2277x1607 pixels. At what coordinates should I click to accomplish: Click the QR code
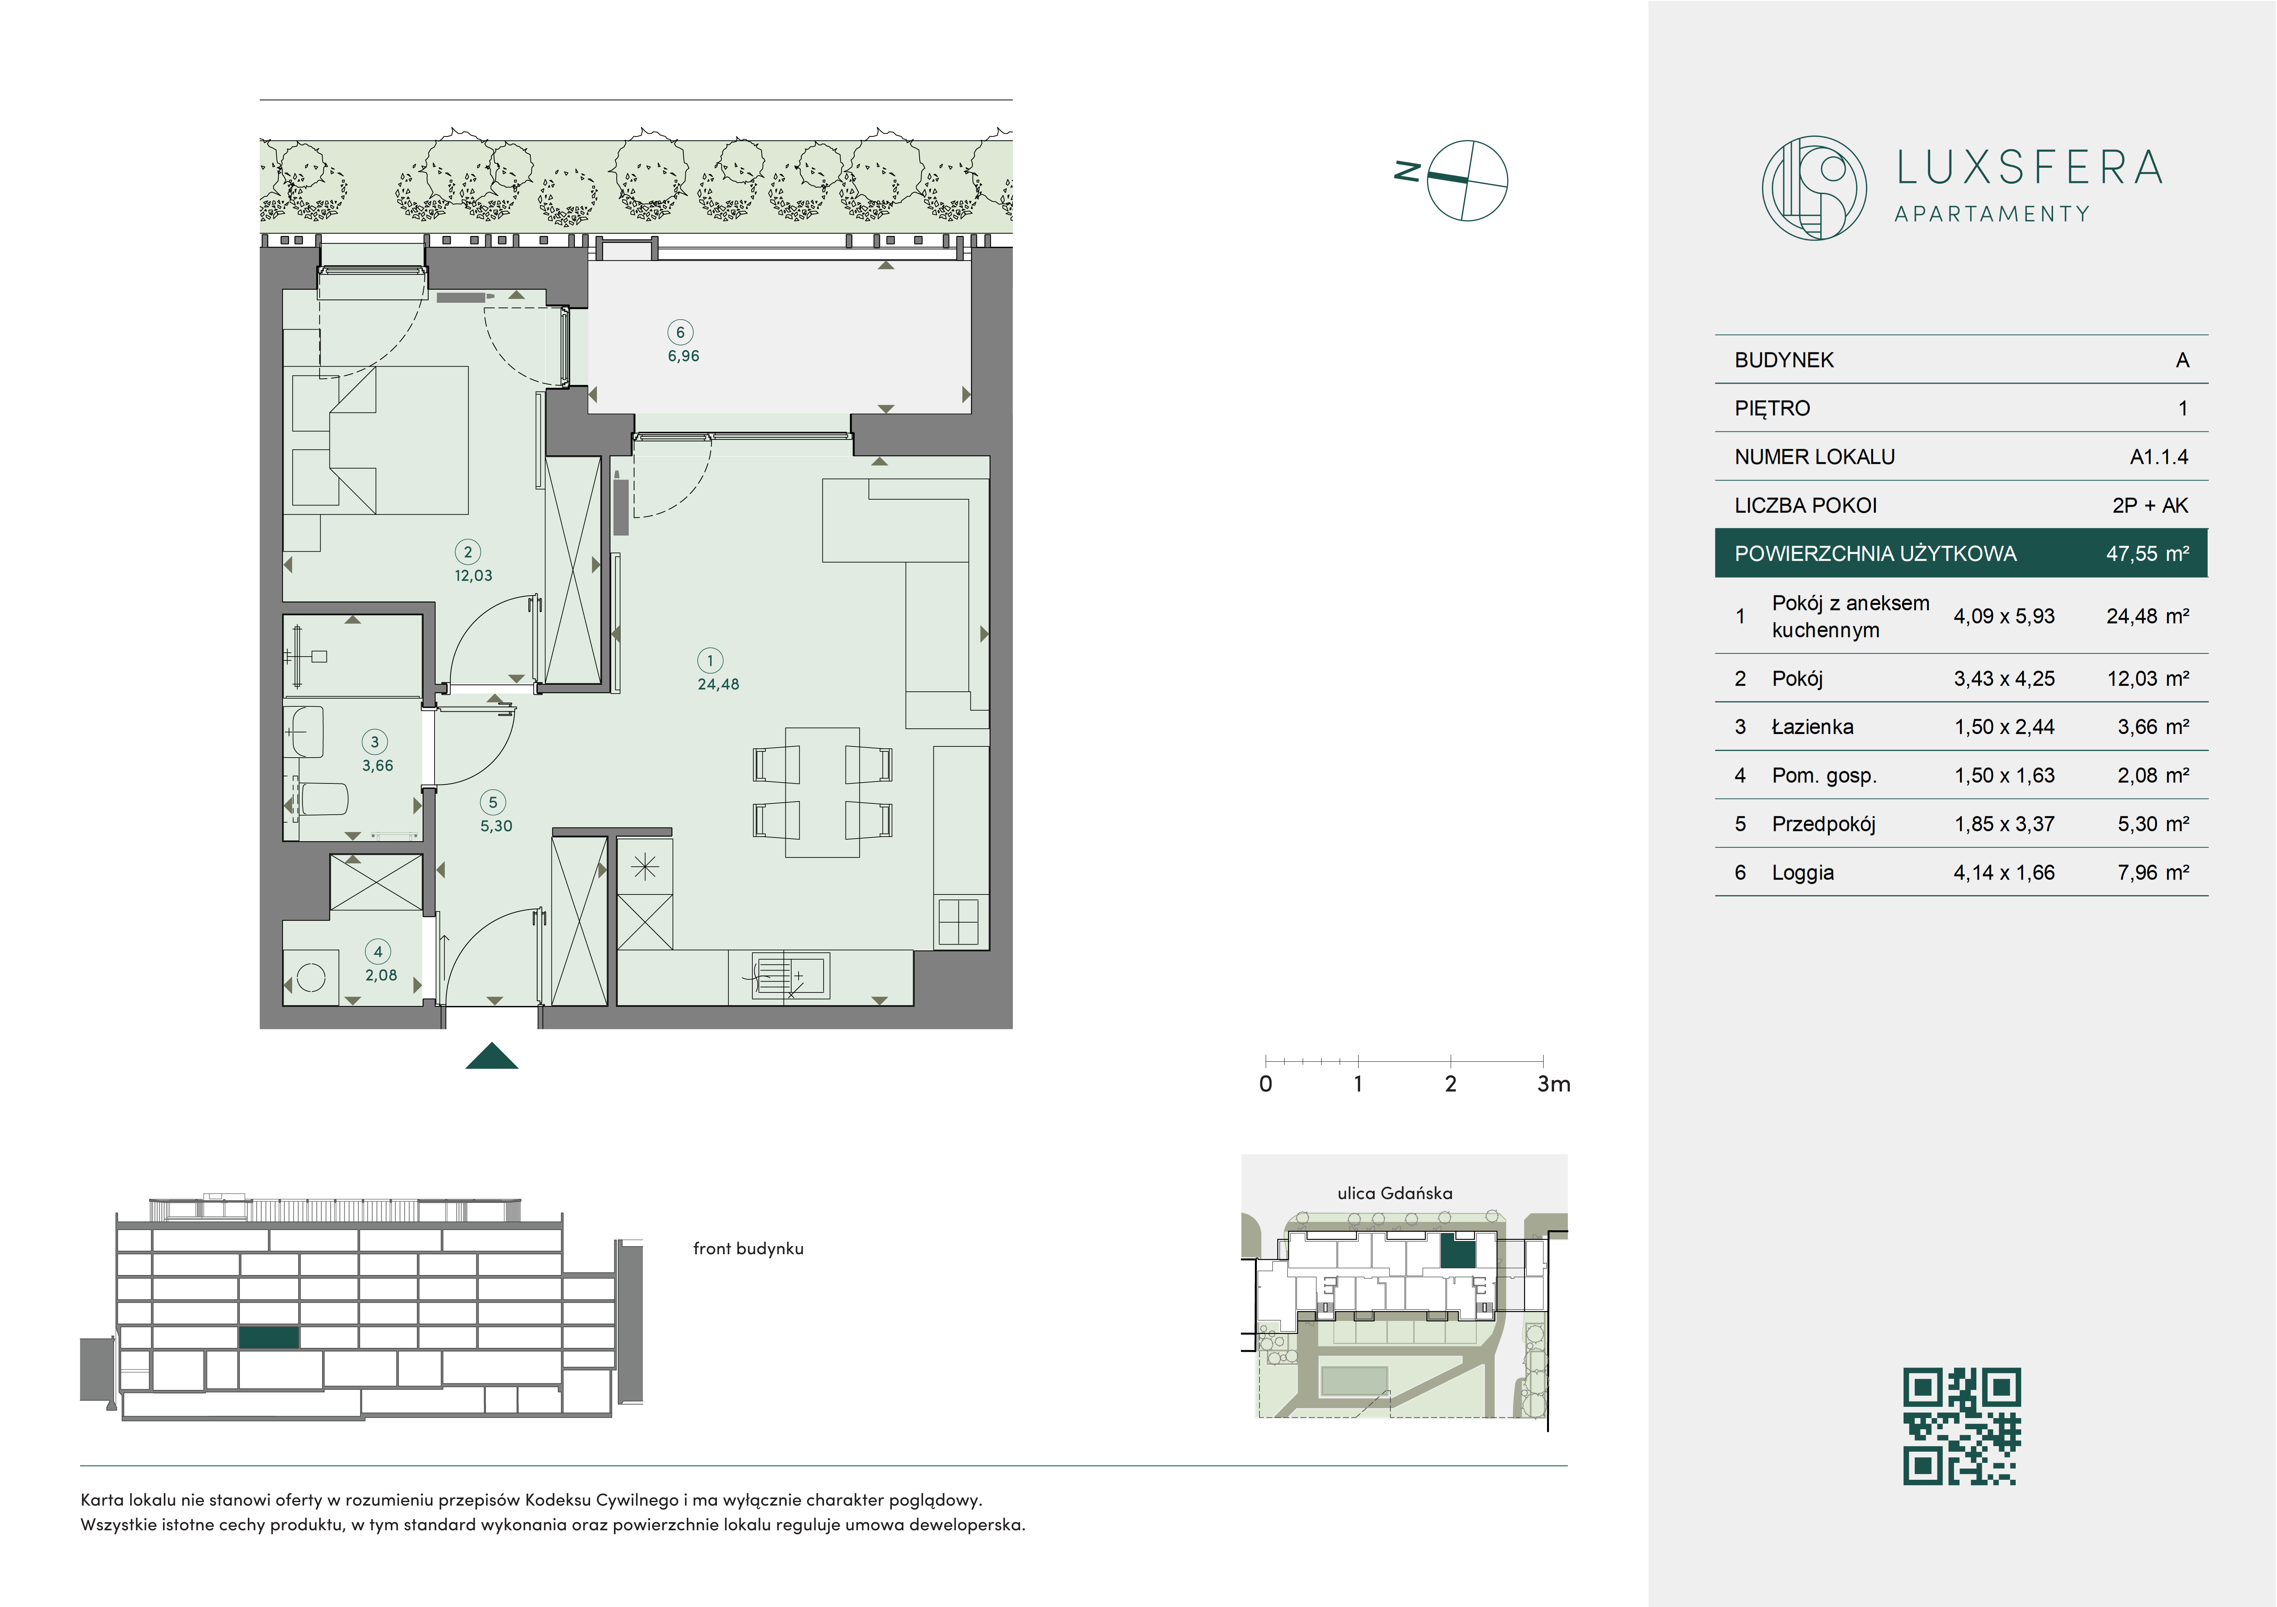(1962, 1427)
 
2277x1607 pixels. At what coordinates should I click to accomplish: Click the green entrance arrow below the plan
(492, 1056)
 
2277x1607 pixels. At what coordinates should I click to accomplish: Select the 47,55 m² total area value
(2147, 554)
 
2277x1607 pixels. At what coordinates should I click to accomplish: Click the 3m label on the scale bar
(1553, 1084)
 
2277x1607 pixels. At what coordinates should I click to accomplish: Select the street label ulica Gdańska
(1394, 1193)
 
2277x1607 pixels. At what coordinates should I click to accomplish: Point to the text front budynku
(748, 1249)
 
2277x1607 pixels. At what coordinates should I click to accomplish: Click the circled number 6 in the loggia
(680, 332)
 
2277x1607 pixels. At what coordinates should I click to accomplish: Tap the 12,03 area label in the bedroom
(473, 575)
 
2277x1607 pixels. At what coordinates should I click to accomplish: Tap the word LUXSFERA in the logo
(2029, 168)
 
